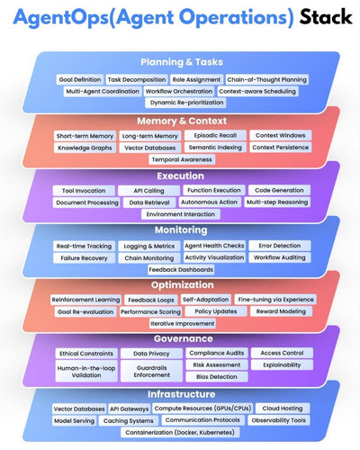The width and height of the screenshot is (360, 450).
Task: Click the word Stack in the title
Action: click(326, 17)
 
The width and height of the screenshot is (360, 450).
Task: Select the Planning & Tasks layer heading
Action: click(182, 62)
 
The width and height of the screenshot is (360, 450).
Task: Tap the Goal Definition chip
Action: click(80, 80)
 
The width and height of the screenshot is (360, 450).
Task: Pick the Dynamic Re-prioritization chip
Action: click(186, 103)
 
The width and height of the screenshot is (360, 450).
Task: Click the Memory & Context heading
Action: click(182, 121)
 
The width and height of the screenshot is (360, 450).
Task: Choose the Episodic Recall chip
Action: click(215, 135)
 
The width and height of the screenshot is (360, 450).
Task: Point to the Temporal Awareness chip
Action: click(182, 159)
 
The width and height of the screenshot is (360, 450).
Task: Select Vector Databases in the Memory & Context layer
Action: click(150, 148)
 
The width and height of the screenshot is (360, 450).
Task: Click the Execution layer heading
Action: click(181, 175)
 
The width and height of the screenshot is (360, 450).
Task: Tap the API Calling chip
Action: click(148, 191)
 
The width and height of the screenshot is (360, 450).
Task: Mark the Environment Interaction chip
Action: click(181, 214)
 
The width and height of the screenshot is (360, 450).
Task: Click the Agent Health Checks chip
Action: click(214, 246)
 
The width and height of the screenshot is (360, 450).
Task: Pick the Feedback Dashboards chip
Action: click(181, 270)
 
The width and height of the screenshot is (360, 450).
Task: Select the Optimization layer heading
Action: click(183, 284)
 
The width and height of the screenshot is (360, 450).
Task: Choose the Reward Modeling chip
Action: click(281, 311)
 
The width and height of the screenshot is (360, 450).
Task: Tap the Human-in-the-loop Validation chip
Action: click(86, 372)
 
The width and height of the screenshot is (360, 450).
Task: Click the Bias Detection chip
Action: click(217, 376)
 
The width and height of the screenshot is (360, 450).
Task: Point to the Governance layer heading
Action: click(184, 338)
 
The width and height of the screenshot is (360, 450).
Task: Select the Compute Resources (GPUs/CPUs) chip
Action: click(202, 409)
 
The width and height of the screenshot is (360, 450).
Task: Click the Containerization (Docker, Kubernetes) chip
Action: click(180, 432)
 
